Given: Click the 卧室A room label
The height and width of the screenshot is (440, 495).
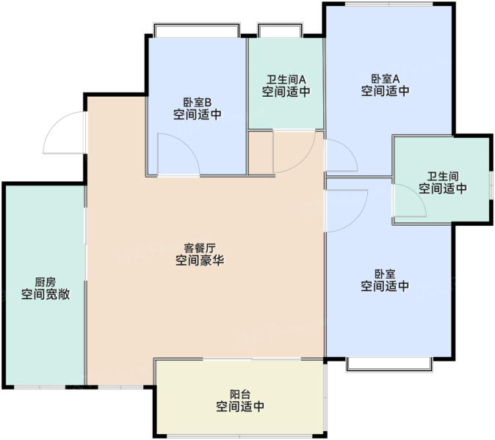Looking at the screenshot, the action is [x=385, y=78].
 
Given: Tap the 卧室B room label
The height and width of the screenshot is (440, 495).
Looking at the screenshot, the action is [x=198, y=103].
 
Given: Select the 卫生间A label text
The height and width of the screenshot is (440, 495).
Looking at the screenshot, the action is [x=286, y=79].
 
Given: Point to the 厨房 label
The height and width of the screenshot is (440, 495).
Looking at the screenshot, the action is [x=46, y=282].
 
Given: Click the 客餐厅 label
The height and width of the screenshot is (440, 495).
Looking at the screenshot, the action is [x=200, y=248].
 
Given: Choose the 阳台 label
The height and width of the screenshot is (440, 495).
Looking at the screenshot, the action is [x=240, y=394].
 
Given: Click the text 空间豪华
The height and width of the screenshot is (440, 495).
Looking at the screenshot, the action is [x=200, y=260].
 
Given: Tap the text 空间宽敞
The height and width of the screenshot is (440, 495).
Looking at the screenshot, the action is [x=46, y=294].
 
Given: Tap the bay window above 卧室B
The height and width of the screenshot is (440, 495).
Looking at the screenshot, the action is [x=197, y=30].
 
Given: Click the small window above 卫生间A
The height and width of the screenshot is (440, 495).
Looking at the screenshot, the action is [x=281, y=30].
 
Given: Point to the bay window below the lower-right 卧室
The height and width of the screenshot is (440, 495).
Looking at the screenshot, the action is [x=389, y=365].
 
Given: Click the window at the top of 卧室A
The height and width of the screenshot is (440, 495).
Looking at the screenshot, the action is [x=389, y=4].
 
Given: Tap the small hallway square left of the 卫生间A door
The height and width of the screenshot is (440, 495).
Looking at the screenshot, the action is [x=261, y=153].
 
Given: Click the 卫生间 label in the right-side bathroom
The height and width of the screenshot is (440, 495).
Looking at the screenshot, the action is [x=443, y=176].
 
